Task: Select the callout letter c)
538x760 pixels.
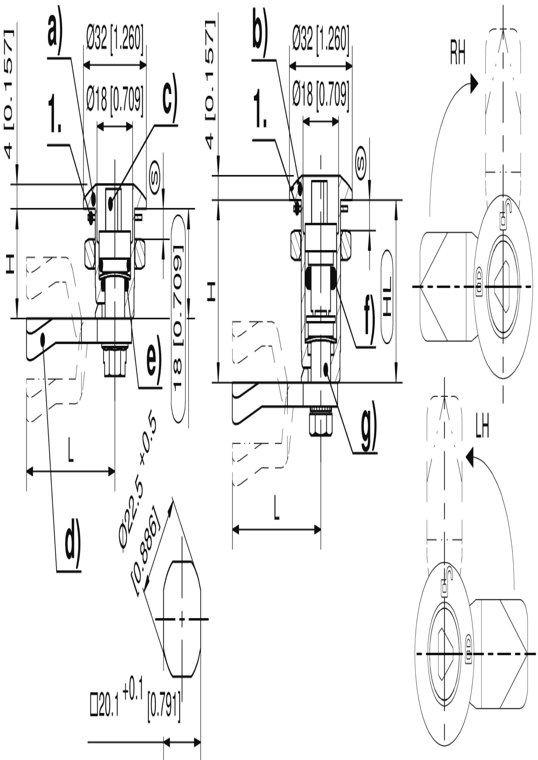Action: tap(170, 98)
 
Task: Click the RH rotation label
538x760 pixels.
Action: tap(458, 53)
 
